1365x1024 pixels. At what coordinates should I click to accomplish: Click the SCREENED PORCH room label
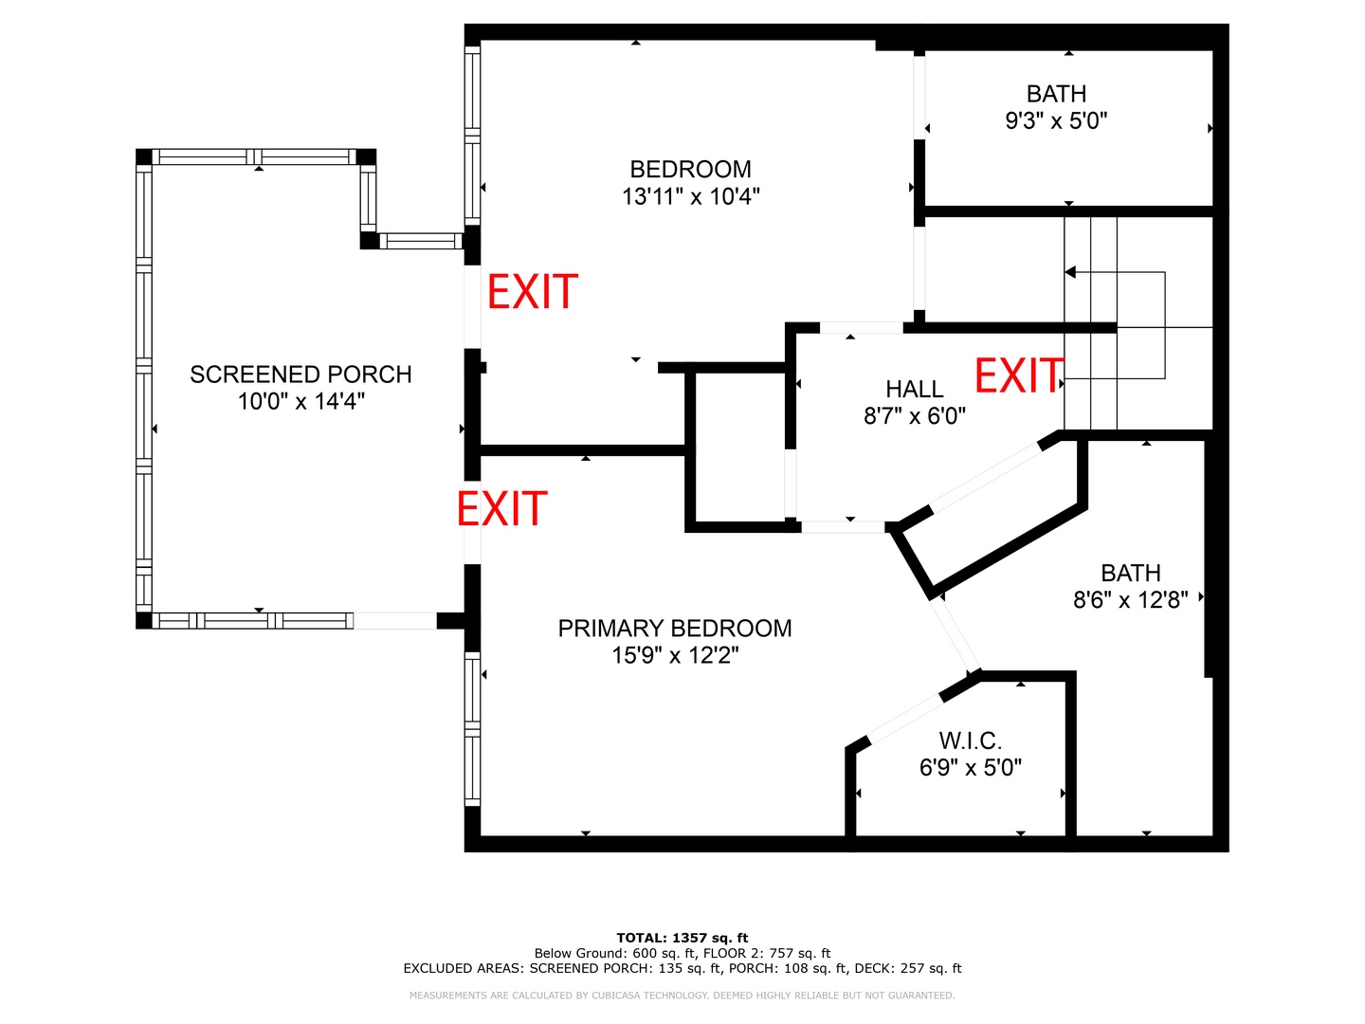(x=300, y=375)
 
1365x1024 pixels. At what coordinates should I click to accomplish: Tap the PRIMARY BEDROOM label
(x=675, y=628)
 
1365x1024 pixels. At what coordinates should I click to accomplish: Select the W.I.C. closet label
(x=970, y=741)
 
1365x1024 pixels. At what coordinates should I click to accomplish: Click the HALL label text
(x=914, y=389)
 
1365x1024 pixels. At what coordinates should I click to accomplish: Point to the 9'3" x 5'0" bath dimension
(x=1056, y=120)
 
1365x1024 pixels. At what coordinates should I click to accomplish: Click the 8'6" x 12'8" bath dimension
(x=1131, y=599)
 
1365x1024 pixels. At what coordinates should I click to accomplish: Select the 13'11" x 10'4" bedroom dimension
(x=691, y=196)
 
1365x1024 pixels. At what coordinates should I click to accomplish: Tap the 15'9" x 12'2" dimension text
(x=675, y=654)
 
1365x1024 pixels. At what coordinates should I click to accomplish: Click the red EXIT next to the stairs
(x=1018, y=375)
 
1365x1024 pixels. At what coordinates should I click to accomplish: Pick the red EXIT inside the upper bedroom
(x=533, y=292)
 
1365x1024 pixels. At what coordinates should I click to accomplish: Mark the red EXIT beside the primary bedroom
(x=501, y=508)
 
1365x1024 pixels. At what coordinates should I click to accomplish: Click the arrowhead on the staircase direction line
(x=1069, y=272)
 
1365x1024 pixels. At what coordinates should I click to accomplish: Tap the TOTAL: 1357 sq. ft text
(x=682, y=938)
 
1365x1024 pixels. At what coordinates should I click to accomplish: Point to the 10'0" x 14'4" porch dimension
(x=300, y=401)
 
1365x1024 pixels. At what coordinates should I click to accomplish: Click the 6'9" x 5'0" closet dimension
(x=970, y=767)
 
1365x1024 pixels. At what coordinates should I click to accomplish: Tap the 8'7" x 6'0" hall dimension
(x=914, y=415)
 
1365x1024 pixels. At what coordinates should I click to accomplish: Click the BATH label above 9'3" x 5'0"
(x=1056, y=94)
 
